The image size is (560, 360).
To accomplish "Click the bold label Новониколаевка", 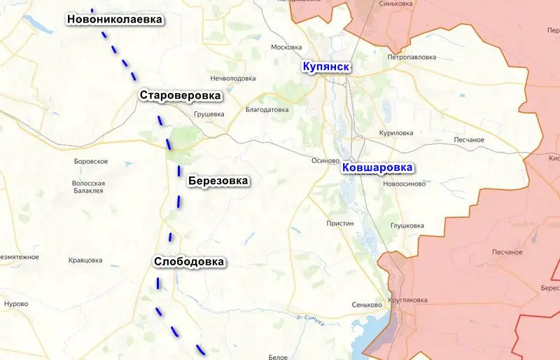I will click(x=115, y=20).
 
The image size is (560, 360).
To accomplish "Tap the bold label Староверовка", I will click(x=180, y=95).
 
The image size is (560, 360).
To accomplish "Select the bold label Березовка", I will click(x=218, y=181).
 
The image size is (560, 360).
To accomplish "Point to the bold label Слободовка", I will click(x=189, y=262).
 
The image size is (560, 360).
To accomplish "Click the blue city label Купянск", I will click(x=325, y=67).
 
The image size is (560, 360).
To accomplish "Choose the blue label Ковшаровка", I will click(x=377, y=168).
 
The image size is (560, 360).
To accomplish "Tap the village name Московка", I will click(x=286, y=48).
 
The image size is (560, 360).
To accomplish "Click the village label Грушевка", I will click(x=209, y=113).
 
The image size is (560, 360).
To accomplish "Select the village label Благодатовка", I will click(x=267, y=110).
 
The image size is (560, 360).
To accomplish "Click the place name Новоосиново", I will click(x=404, y=184).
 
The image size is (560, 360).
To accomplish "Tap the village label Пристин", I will click(x=340, y=223).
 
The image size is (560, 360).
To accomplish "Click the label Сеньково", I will click(x=367, y=305).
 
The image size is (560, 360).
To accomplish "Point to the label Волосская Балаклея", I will click(x=88, y=186).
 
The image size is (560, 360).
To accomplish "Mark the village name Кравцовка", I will click(x=85, y=261).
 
